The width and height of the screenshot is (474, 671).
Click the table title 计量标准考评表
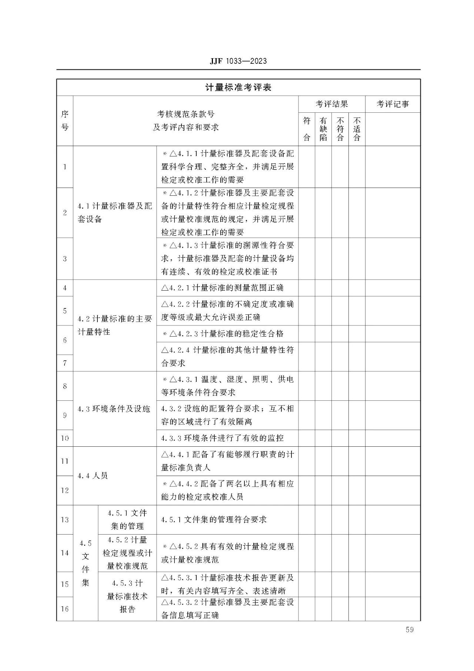click(x=238, y=87)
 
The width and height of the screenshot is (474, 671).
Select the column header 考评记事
click(x=393, y=104)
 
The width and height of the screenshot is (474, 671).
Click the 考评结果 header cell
click(x=332, y=104)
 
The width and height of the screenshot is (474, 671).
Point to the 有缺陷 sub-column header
click(x=323, y=129)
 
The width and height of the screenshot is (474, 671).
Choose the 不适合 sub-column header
click(x=357, y=129)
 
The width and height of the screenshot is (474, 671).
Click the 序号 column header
click(x=65, y=120)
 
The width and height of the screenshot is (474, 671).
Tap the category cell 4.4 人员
click(x=93, y=476)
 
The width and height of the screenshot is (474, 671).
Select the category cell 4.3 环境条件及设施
click(x=114, y=409)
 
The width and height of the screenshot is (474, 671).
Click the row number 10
click(x=65, y=438)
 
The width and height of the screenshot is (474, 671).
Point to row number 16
click(x=65, y=609)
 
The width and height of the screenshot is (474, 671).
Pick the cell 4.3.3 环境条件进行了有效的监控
click(x=222, y=438)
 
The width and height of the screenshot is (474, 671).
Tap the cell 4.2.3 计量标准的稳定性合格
click(x=223, y=334)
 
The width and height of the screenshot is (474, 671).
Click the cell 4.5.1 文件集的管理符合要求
click(x=214, y=519)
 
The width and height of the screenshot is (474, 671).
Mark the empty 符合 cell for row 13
click(x=307, y=519)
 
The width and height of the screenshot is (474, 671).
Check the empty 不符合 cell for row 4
click(x=340, y=288)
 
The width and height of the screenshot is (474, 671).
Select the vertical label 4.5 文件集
click(x=86, y=563)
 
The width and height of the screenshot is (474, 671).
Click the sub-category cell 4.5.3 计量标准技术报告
click(x=127, y=596)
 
